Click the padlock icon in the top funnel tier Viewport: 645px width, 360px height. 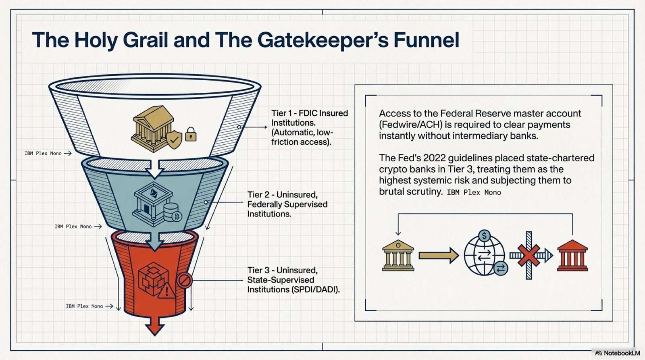[191, 134]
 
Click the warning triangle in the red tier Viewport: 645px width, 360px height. [166, 290]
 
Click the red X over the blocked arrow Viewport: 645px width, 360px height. [529, 255]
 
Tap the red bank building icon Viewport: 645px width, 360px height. [572, 255]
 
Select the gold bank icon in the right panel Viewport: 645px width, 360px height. [398, 255]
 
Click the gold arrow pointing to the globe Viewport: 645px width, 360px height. [439, 255]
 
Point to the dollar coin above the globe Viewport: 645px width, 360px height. [484, 235]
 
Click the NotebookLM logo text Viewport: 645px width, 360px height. [621, 353]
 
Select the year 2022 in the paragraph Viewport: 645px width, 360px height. [435, 158]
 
